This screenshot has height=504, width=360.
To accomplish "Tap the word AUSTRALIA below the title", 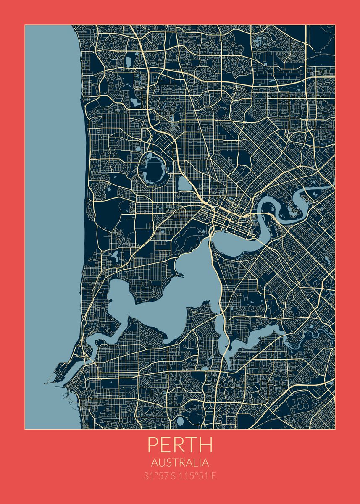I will click(180, 463).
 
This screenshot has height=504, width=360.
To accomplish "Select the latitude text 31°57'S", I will click(160, 476).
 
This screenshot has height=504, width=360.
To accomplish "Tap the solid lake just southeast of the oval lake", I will click(184, 184).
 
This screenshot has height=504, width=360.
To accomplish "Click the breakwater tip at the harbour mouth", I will click(45, 383).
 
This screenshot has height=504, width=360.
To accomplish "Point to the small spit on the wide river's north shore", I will click(181, 275).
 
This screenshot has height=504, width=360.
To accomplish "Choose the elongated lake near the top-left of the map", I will click(129, 61).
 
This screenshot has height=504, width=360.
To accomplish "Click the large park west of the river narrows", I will click(191, 239).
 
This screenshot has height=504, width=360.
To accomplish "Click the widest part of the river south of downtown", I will click(176, 294).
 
